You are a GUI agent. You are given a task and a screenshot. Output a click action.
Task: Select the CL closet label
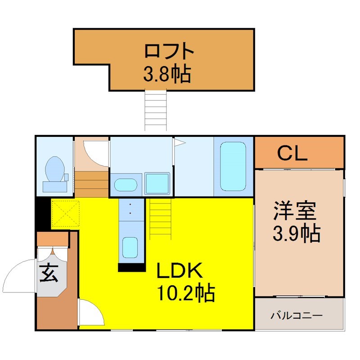pos(292,153)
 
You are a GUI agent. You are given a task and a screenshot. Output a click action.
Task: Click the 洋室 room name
pos(295,210)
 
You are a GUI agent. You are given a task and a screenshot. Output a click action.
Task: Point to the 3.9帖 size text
pos(297,233)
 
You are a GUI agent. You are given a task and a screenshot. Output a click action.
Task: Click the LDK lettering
pos(180,270)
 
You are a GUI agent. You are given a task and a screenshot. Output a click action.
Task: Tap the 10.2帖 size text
pos(185,293)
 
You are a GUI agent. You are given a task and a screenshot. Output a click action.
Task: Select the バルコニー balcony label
pos(297,315)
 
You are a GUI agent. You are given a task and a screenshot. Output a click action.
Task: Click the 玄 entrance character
pos(49,273)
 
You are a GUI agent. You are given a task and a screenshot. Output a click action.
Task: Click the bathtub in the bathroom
pos(233,166)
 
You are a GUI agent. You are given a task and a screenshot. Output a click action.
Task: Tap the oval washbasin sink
pos(126,185)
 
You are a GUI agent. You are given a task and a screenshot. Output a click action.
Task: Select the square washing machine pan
pos(157,184)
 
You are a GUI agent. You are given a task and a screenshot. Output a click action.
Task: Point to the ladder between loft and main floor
pos(155,110)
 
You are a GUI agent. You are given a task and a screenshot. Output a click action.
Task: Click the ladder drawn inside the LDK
pos(161,219)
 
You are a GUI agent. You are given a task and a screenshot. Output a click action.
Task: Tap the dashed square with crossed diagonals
pos(66,213)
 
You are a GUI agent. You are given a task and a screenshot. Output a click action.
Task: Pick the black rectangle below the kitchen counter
pos(132,267)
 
